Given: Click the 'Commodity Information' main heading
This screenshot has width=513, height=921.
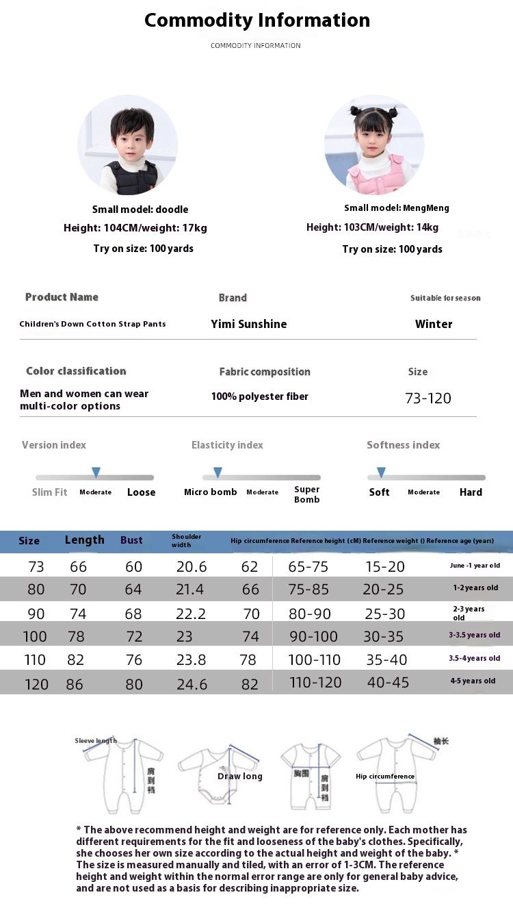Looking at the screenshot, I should [x=257, y=21].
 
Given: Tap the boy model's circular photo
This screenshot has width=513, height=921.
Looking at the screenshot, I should [x=128, y=145].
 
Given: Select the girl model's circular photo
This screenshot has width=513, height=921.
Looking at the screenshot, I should [x=374, y=145].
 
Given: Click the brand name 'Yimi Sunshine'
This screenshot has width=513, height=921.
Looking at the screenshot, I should [x=249, y=324].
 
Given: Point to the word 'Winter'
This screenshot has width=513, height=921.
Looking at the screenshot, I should [x=434, y=324].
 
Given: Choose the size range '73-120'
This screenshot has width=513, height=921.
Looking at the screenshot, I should [x=428, y=399].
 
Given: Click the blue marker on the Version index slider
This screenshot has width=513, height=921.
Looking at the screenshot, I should [x=96, y=472].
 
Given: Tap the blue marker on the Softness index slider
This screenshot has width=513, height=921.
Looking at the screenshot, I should [x=381, y=472].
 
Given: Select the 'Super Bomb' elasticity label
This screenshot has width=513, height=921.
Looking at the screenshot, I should [x=306, y=494].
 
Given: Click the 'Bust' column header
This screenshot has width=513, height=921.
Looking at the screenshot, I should [x=131, y=540].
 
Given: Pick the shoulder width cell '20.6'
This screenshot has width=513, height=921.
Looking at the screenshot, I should [x=191, y=566].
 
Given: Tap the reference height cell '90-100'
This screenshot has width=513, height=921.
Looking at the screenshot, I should [x=314, y=637].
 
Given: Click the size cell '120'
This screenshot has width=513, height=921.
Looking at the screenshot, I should [x=36, y=684].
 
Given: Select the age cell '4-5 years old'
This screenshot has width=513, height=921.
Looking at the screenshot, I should [x=473, y=681].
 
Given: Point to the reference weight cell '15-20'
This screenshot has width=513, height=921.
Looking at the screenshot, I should [x=384, y=566].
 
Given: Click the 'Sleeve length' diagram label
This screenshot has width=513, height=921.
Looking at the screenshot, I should [x=96, y=741].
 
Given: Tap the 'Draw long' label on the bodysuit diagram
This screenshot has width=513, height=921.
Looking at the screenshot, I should [x=240, y=777].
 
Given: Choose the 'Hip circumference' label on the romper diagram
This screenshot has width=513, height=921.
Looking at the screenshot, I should [x=385, y=777].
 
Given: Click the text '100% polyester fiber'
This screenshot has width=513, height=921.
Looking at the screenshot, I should [x=260, y=396].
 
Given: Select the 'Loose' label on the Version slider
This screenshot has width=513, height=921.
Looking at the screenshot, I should [x=141, y=492].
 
